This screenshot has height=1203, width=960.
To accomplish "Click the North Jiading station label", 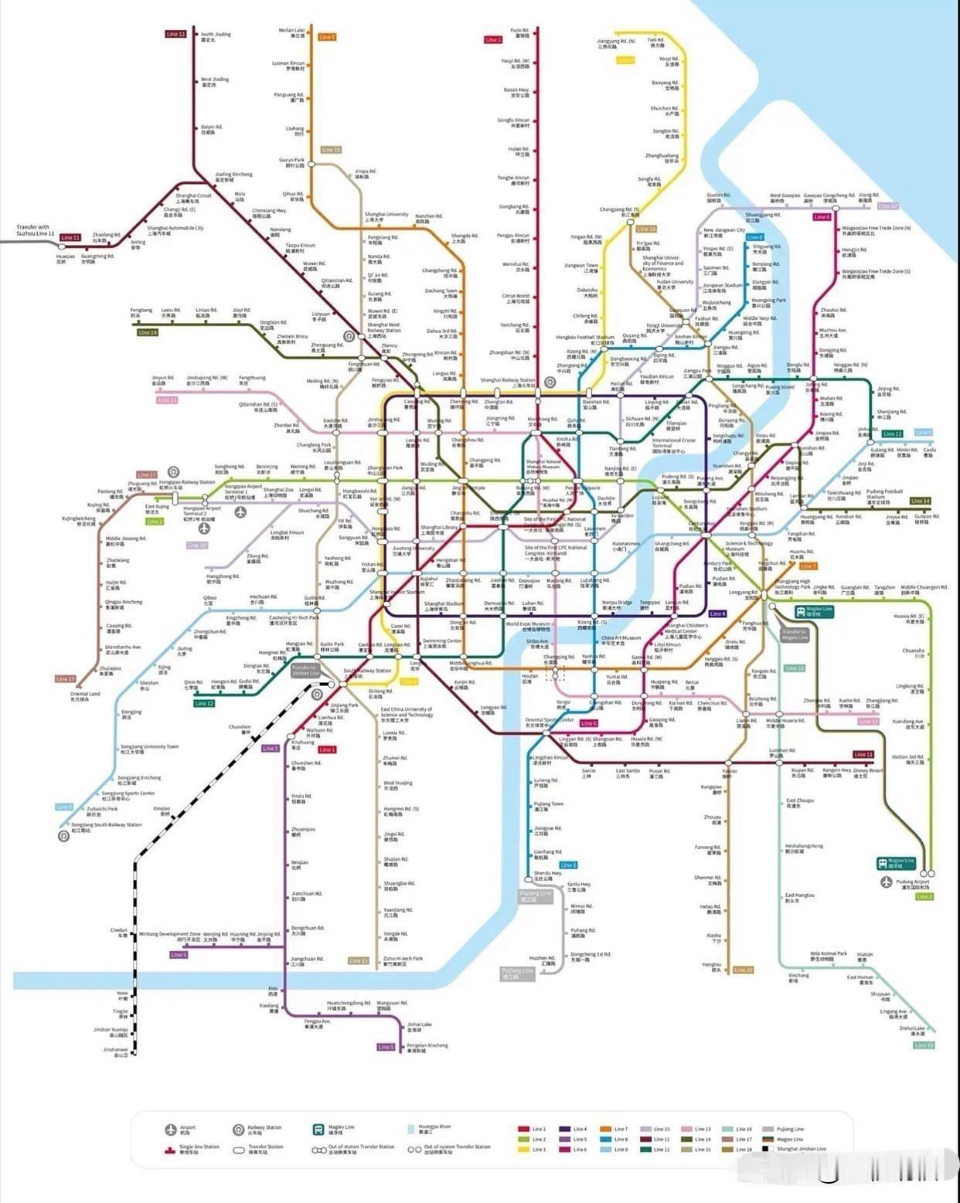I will (x=216, y=37).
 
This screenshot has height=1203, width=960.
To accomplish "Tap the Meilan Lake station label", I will (x=292, y=33).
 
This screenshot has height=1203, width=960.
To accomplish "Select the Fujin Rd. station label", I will (x=519, y=33).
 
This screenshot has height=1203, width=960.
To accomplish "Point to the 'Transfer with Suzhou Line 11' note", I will (x=33, y=230).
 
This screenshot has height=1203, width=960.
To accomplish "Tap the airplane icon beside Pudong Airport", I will (x=886, y=882).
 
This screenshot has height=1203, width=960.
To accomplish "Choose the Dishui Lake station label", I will (x=912, y=1031).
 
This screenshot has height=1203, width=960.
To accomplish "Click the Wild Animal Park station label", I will (x=829, y=956).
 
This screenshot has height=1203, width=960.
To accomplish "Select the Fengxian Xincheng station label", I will (x=427, y=1048).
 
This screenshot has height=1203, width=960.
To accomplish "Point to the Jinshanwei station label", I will (x=116, y=1052).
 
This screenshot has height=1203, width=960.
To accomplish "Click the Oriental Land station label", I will (x=85, y=696).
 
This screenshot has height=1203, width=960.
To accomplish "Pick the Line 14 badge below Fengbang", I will (x=148, y=332).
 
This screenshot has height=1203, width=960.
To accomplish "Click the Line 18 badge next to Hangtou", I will (x=743, y=970).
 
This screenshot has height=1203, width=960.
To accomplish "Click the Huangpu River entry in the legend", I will (x=434, y=1129).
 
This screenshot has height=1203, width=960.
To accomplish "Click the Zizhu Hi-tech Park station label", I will (x=403, y=960).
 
